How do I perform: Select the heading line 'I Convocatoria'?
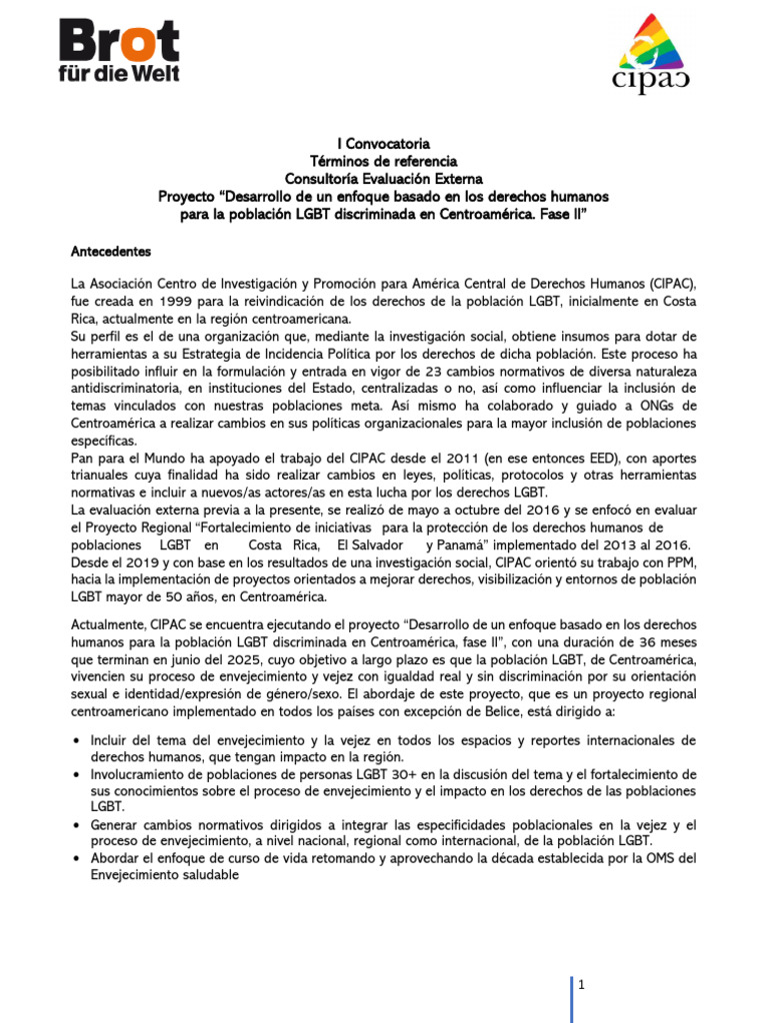click(383, 144)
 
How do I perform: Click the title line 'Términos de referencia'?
click(383, 161)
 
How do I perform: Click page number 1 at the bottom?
click(581, 985)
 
